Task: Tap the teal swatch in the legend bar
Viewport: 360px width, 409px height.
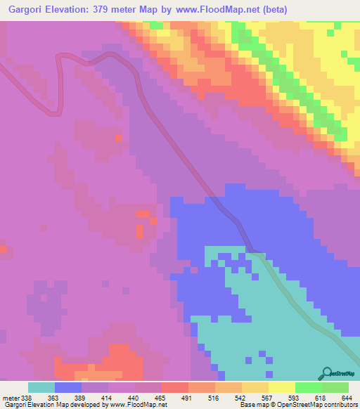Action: [41, 387]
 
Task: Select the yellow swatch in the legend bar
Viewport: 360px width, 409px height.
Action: [281, 387]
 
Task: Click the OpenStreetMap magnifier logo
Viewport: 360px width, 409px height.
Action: [326, 373]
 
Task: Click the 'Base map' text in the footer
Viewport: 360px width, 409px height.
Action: [252, 405]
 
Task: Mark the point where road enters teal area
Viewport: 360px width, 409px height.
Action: [255, 251]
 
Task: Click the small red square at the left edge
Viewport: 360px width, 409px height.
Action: [3, 248]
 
